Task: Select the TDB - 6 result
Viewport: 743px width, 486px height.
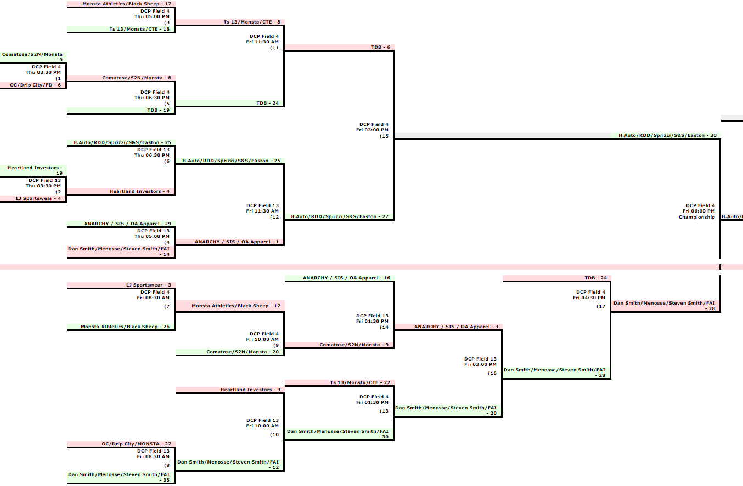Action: [x=380, y=47]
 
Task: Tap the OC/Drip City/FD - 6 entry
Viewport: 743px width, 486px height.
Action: [x=35, y=85]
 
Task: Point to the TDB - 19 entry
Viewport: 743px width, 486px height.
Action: [x=159, y=110]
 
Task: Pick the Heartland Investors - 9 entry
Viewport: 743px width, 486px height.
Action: [x=250, y=390]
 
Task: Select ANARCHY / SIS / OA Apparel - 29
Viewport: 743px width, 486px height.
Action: [x=127, y=224]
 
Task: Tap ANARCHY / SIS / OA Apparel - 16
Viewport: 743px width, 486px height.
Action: [x=346, y=278]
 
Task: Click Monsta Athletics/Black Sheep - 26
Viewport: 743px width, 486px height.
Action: [x=126, y=327]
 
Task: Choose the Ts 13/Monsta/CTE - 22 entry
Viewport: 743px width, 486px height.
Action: [x=359, y=382]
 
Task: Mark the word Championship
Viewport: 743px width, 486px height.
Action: [x=696, y=217]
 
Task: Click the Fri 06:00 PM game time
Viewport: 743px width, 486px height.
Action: [x=699, y=211]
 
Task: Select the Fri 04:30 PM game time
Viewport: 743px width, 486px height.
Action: [x=589, y=298]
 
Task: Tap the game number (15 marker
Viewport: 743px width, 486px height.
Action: [x=384, y=136]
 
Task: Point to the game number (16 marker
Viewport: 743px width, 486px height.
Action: [x=492, y=373]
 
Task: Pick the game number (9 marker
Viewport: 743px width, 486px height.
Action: [x=276, y=345]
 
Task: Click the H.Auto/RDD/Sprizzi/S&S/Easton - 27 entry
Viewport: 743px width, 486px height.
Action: [x=339, y=216]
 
